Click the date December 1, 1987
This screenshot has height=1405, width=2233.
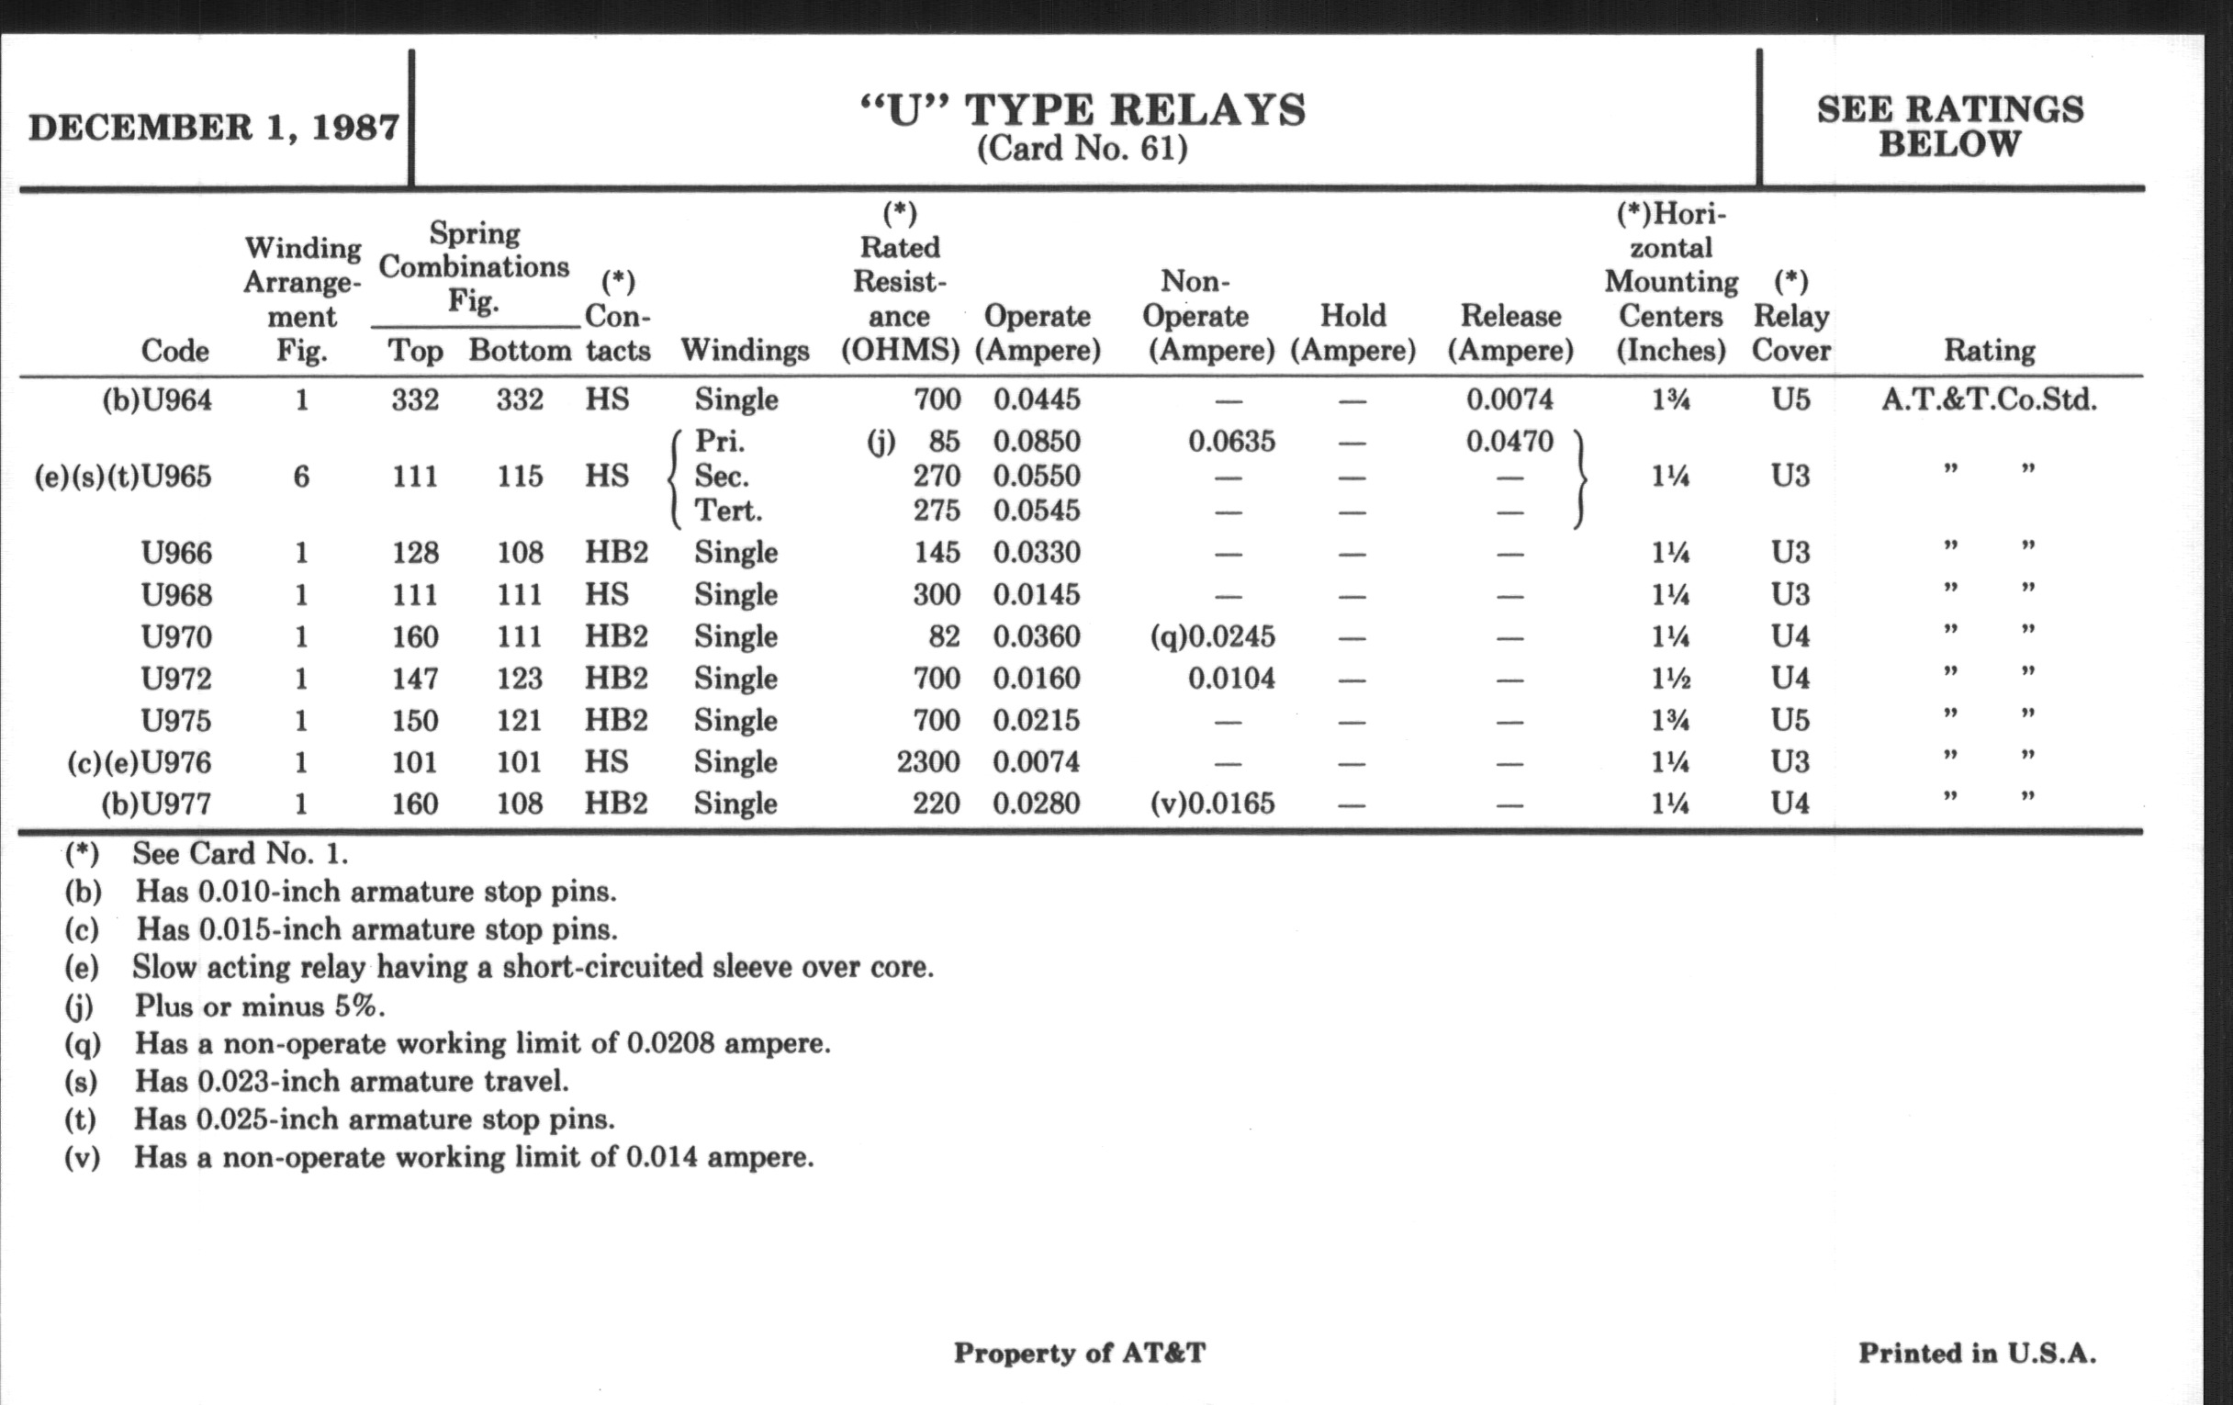pyautogui.click(x=213, y=127)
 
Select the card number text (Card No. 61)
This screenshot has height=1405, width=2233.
pyautogui.click(x=1083, y=149)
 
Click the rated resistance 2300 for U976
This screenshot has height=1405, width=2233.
pyautogui.click(x=927, y=762)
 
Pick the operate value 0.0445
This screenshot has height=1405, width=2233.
pyautogui.click(x=1037, y=400)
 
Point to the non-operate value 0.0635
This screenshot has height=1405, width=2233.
pyautogui.click(x=1231, y=442)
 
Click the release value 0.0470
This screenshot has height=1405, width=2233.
pyautogui.click(x=1509, y=442)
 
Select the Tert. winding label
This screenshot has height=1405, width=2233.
pyautogui.click(x=728, y=511)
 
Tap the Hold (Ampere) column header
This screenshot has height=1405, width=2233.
pyautogui.click(x=1352, y=333)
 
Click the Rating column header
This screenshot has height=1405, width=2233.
pyautogui.click(x=1989, y=351)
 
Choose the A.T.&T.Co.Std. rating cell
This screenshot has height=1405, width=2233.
pyautogui.click(x=1989, y=400)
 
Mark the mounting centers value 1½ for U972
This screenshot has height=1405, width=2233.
pyautogui.click(x=1670, y=679)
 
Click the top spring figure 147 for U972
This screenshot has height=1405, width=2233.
pyautogui.click(x=414, y=679)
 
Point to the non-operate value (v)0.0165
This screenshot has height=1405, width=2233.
pyautogui.click(x=1213, y=804)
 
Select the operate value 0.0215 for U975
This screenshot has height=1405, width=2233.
pyautogui.click(x=1037, y=721)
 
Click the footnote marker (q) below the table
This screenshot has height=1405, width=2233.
pyautogui.click(x=82, y=1044)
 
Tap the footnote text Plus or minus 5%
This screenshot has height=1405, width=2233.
pyautogui.click(x=259, y=1006)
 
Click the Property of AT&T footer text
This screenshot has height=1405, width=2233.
pyautogui.click(x=1080, y=1354)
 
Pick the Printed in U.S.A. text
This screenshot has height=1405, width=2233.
pyautogui.click(x=1977, y=1354)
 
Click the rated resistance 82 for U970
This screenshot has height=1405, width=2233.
pyautogui.click(x=942, y=637)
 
